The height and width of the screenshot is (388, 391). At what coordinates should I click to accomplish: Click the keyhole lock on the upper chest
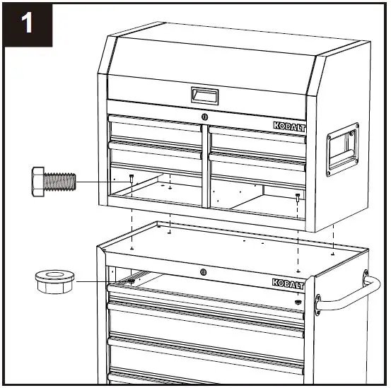204,116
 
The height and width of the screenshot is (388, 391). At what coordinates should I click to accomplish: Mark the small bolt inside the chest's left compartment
132,178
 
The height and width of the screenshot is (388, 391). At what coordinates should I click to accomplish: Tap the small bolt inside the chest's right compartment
298,196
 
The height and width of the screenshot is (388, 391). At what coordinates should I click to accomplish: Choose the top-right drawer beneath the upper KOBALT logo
252,134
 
